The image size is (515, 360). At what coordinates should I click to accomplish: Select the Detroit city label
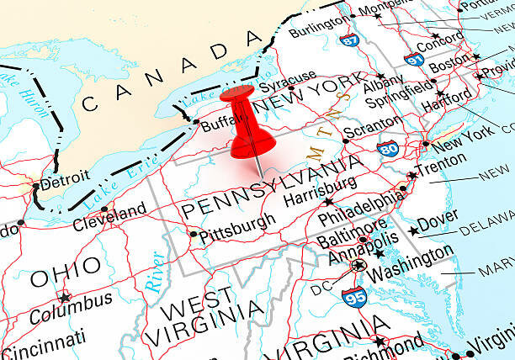click(64, 178)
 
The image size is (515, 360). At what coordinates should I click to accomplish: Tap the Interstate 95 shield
click(353, 297)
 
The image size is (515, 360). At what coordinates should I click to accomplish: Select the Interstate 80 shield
click(388, 150)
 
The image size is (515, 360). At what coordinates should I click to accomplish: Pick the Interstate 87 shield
click(347, 39)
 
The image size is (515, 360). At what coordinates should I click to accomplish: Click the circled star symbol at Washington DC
click(359, 266)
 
